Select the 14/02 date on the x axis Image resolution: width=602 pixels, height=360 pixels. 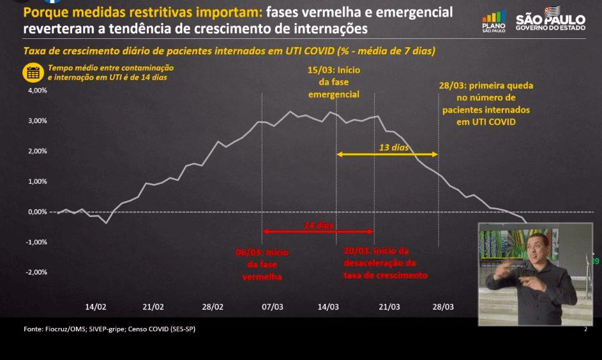(x=96, y=307)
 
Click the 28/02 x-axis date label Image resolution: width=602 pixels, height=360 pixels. (x=213, y=307)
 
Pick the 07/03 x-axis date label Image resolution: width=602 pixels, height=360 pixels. (x=272, y=307)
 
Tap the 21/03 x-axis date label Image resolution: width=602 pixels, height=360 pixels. (x=389, y=307)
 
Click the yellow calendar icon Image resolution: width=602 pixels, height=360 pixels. (x=32, y=72)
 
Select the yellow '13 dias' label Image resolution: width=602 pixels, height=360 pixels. (x=393, y=147)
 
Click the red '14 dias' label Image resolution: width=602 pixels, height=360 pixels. (x=318, y=225)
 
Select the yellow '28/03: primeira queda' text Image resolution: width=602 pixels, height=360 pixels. (x=486, y=86)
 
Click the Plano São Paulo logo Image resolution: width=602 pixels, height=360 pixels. (x=494, y=22)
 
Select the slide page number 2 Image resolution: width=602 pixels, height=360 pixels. (x=585, y=329)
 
